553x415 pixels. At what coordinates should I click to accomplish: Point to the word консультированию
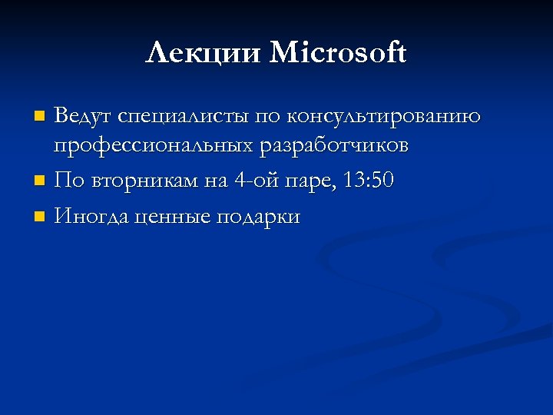pos(384,117)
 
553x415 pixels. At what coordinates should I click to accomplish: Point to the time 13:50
pos(369,181)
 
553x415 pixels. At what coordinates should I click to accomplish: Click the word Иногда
pos(91,217)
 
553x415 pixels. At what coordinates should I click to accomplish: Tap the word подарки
pos(258,217)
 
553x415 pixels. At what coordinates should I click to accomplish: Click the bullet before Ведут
pos(40,118)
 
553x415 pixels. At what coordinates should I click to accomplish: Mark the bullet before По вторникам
pos(40,182)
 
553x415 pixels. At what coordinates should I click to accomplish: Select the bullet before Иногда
pos(40,218)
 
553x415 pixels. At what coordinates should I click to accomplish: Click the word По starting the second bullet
pos(69,181)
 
